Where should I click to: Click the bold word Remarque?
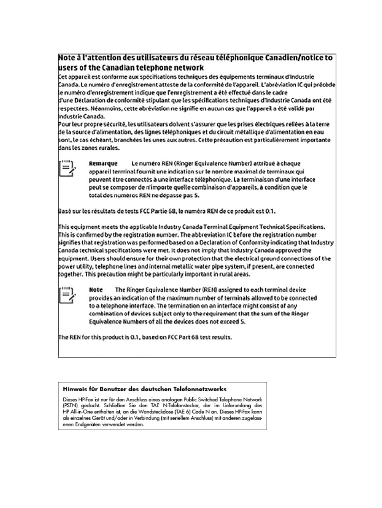click(x=103, y=163)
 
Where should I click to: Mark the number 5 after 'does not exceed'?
click(x=243, y=322)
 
